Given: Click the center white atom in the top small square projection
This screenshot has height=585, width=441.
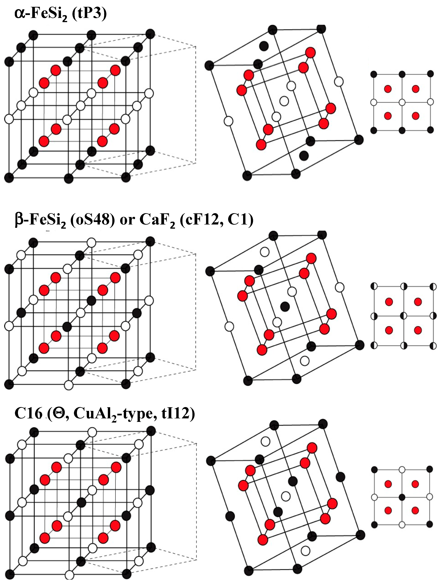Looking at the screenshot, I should click(x=402, y=102).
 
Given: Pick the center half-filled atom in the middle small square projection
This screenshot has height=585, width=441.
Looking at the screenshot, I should click(x=403, y=315).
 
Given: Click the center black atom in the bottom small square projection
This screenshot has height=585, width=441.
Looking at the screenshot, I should click(x=402, y=497).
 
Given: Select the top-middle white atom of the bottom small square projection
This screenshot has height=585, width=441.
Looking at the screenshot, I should click(x=402, y=470).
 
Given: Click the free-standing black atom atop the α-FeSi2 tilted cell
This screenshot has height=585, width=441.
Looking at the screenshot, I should click(x=264, y=46).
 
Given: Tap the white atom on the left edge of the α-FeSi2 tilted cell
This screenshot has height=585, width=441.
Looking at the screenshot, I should click(x=229, y=121).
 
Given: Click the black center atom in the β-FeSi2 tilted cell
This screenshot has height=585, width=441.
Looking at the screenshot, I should click(x=285, y=306).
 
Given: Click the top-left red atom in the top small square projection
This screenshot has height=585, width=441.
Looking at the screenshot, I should click(x=388, y=89).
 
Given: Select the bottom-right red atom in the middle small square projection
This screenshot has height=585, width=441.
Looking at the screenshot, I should click(x=417, y=330).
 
